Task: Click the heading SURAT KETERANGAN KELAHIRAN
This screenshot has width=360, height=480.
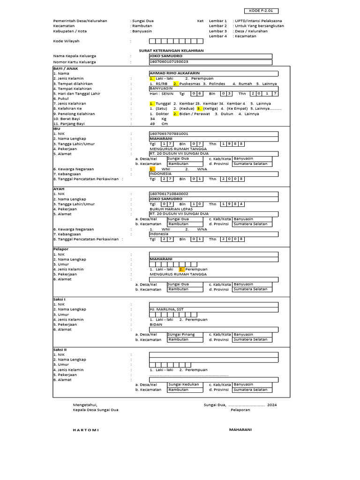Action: coord(172,50)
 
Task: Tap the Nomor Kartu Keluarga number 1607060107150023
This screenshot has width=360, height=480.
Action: coord(169,61)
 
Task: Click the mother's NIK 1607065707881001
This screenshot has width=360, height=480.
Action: coord(169,134)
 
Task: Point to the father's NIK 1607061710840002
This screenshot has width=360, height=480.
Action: coord(169,194)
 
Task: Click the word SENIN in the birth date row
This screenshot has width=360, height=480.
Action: coord(167,93)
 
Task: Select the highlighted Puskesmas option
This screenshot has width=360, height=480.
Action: coord(189,83)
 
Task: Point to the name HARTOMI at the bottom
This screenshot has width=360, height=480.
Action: coord(86,429)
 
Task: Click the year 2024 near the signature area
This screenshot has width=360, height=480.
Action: coord(272,404)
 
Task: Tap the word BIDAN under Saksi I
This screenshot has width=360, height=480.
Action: coord(156,324)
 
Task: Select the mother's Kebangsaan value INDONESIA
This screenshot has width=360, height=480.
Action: coord(161,173)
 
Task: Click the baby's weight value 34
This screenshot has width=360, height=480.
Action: coord(152,119)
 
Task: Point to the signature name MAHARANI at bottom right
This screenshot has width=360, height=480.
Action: coord(240,429)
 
